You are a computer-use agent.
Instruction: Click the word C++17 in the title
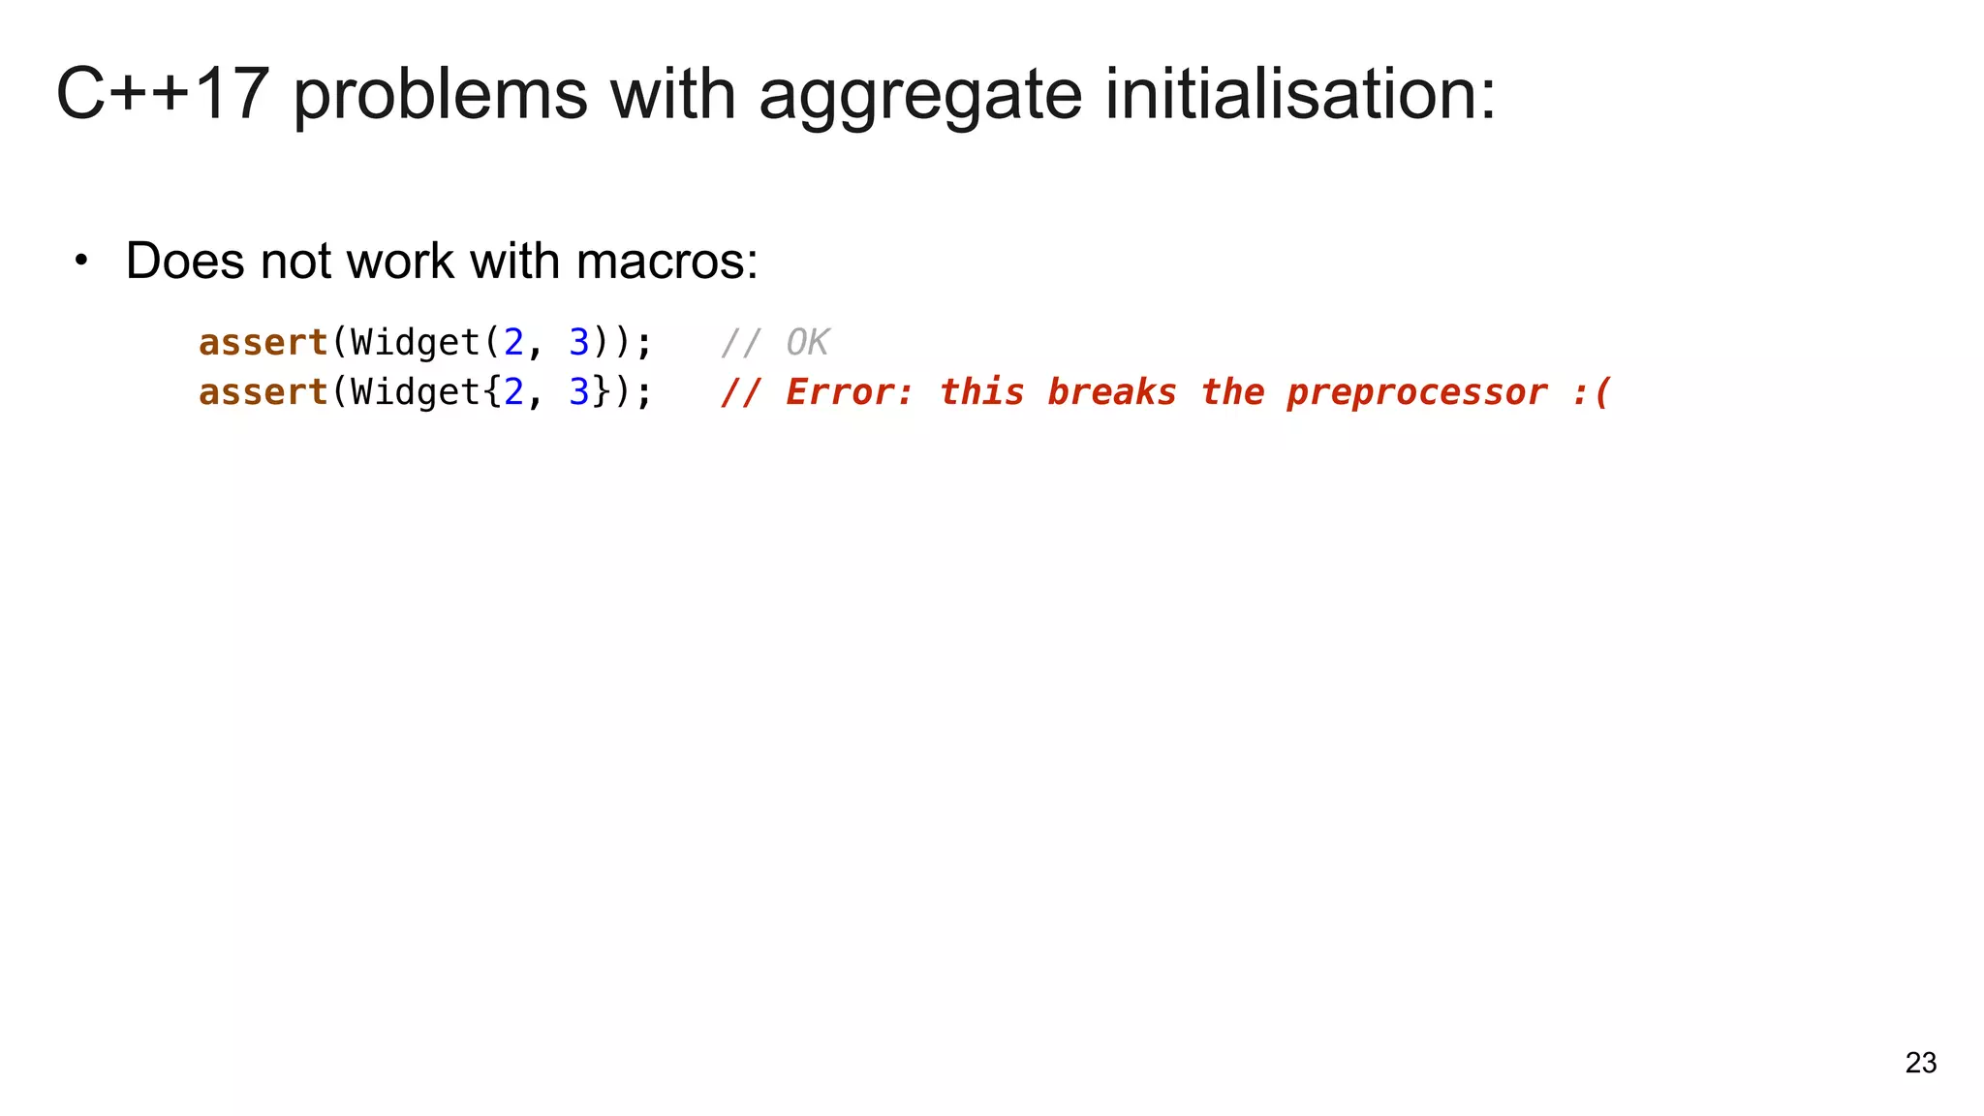click(x=162, y=94)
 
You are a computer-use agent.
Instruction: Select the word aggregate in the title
click(x=919, y=96)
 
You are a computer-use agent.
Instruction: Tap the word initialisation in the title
click(x=1300, y=94)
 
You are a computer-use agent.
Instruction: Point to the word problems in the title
click(x=440, y=96)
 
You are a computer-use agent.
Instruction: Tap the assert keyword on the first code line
click(x=263, y=343)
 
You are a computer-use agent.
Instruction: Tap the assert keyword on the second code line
click(x=263, y=392)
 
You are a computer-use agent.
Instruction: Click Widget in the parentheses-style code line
click(x=416, y=343)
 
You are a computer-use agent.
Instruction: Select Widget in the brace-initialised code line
click(x=416, y=392)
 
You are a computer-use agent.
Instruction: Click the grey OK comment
click(x=807, y=343)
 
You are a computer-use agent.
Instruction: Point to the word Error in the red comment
click(x=849, y=392)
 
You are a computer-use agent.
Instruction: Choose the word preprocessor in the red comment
click(x=1416, y=393)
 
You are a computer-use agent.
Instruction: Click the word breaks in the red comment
click(x=1111, y=392)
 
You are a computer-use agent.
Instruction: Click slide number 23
click(x=1920, y=1063)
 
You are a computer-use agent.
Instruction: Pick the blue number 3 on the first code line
click(x=579, y=343)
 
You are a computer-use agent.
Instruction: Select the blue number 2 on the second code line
click(x=513, y=392)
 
